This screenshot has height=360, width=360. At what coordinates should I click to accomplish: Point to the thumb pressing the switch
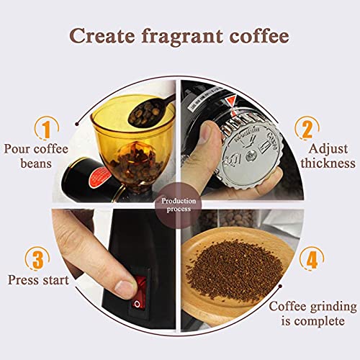[127, 289]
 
